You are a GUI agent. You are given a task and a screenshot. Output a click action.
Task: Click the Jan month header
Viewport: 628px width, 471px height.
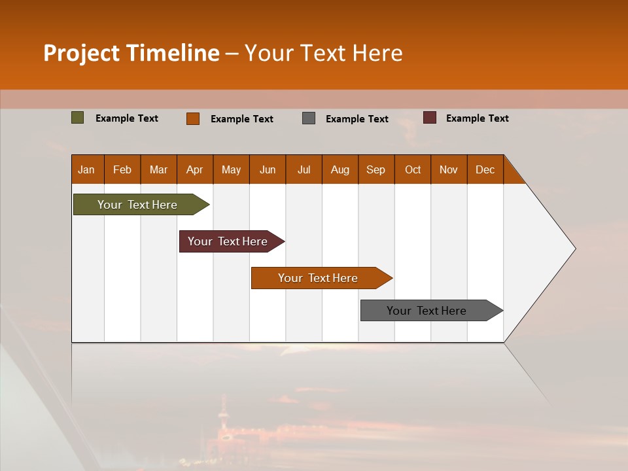(x=86, y=169)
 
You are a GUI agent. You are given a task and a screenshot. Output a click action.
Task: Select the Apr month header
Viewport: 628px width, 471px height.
(x=194, y=169)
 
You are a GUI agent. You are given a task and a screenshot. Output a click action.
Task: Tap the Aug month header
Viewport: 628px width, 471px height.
(x=340, y=169)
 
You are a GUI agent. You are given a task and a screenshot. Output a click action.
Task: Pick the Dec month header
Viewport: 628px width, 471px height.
(x=485, y=169)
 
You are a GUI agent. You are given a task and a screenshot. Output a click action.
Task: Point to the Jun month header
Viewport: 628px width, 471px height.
(x=267, y=169)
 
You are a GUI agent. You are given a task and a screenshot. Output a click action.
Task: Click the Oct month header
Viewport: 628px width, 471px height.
(x=412, y=169)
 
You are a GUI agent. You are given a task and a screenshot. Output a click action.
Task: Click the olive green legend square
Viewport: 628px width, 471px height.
(x=78, y=118)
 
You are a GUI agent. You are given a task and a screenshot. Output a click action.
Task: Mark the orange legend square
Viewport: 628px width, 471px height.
(x=193, y=118)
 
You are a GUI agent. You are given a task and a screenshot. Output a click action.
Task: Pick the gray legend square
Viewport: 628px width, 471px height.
(x=309, y=118)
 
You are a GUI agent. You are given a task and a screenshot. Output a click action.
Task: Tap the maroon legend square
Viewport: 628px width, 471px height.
(x=430, y=118)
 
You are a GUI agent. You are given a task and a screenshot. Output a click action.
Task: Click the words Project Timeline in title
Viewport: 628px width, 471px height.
(x=131, y=53)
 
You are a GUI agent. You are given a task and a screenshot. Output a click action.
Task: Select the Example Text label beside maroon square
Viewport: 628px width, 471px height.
(x=477, y=118)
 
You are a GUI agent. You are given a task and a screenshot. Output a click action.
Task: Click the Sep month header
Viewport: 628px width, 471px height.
(x=375, y=169)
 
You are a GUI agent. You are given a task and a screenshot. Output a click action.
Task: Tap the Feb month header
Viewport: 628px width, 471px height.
(x=122, y=169)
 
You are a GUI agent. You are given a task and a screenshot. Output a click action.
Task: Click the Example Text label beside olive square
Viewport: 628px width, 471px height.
(x=126, y=118)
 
